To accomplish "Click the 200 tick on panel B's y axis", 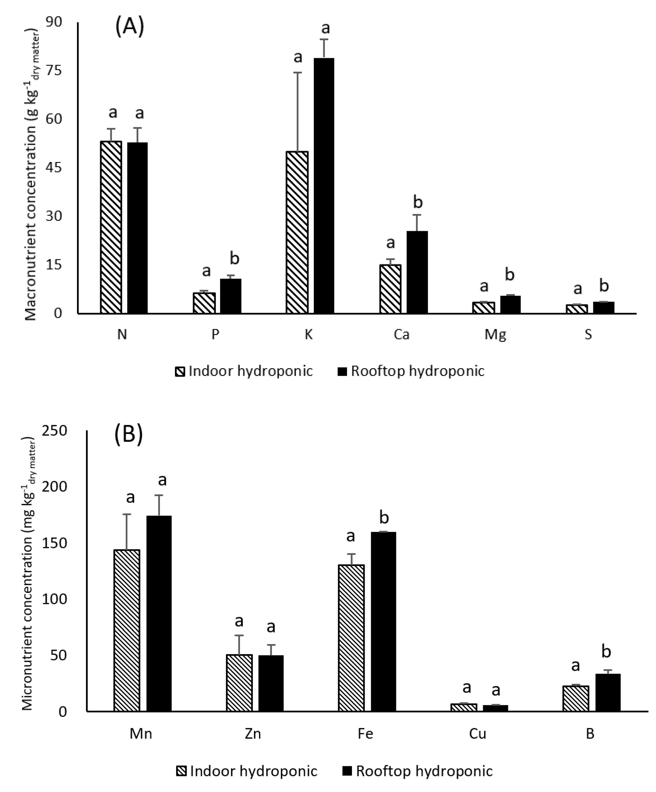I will (x=54, y=487).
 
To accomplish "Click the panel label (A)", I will (x=129, y=28).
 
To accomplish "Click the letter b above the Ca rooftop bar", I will (x=418, y=202).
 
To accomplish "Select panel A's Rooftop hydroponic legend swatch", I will (x=342, y=372).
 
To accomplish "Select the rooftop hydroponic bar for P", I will (x=230, y=296).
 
